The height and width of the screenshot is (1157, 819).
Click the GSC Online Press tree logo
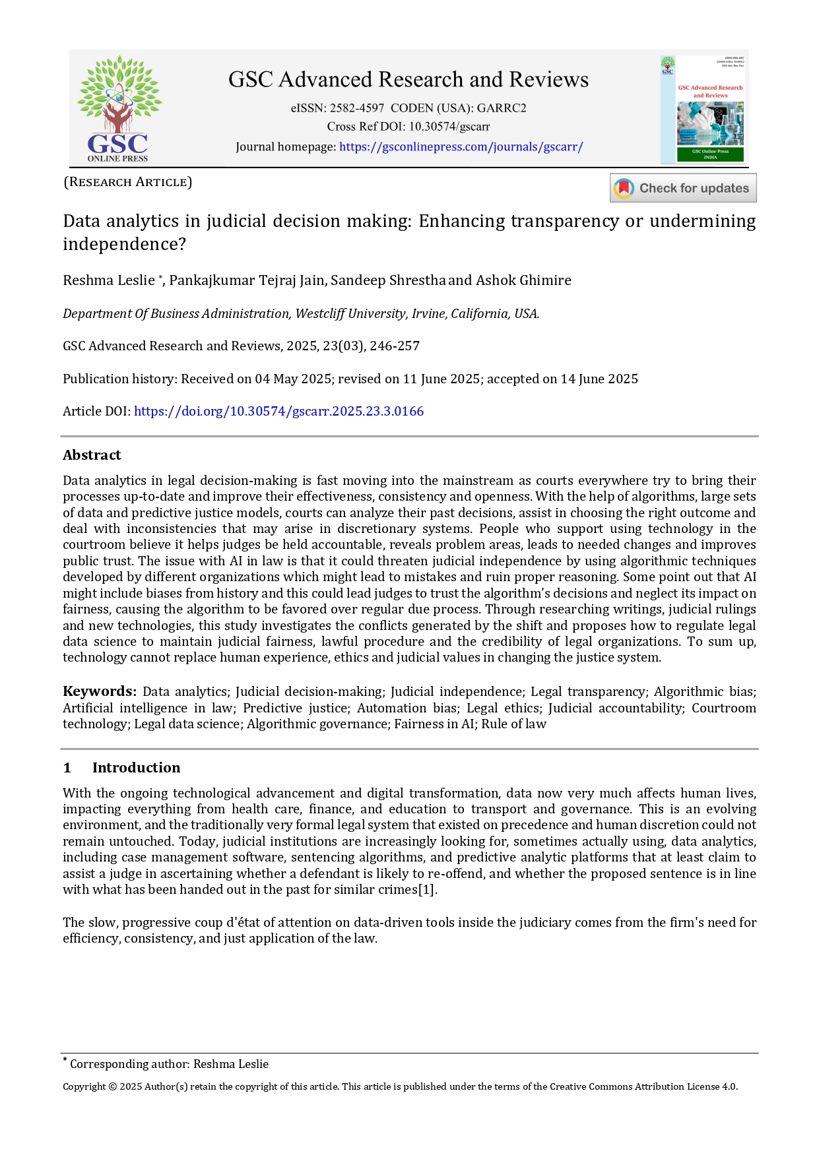[118, 108]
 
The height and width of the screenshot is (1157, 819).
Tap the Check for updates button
[683, 188]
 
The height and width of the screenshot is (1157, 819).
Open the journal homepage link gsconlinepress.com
[461, 147]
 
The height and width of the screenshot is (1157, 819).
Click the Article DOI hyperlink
[278, 412]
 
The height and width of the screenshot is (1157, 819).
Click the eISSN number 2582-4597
[357, 108]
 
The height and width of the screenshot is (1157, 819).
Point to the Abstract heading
[92, 455]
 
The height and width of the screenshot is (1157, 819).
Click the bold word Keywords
[99, 691]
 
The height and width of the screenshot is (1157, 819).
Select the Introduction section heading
[136, 768]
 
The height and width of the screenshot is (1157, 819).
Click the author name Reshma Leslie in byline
[109, 280]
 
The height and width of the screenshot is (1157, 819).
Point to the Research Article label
[127, 182]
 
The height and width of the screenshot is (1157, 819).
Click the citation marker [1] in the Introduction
[428, 890]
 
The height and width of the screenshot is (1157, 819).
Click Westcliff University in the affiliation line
[350, 314]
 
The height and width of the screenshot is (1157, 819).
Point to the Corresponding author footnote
[168, 1064]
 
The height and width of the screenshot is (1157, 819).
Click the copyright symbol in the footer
[112, 1087]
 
